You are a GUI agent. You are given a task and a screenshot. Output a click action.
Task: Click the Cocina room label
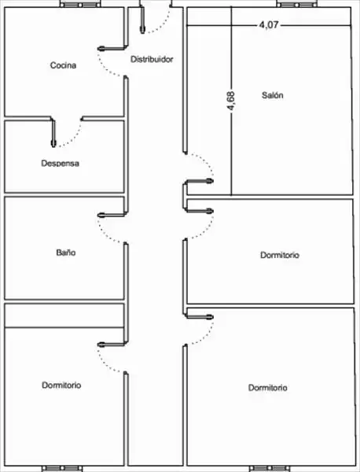coord(63,65)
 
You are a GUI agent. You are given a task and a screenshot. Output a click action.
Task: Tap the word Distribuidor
coord(152,59)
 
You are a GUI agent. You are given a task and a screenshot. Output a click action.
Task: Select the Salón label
coord(273,95)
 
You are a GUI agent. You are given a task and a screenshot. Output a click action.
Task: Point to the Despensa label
coord(61,164)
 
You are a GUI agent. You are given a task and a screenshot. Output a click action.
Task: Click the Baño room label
coord(66,253)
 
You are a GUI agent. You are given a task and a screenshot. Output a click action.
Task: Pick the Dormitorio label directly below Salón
coord(280,255)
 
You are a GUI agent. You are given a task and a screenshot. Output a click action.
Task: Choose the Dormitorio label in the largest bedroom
coord(268,388)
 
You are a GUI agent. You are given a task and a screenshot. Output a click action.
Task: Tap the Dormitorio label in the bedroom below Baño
coord(61,385)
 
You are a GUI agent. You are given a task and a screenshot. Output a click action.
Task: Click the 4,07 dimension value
coord(269,25)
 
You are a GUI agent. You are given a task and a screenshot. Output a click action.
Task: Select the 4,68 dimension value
coord(231,101)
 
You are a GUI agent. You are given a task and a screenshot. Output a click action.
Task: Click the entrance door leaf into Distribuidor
coord(142,19)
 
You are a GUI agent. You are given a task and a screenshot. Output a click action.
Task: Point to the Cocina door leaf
coord(112,48)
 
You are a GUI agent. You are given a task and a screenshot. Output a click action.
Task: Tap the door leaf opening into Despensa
coord(53,132)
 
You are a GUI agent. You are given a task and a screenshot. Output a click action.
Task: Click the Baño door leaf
coord(112,215)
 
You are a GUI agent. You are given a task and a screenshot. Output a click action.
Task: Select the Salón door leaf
coord(199,181)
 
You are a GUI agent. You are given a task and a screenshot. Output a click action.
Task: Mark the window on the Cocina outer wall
coord(80,5)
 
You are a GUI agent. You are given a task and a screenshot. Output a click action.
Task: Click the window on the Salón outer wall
coord(297,5)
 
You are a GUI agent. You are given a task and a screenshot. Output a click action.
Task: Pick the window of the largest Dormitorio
coord(270,468)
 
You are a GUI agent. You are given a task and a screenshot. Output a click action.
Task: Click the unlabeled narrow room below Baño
coord(64,315)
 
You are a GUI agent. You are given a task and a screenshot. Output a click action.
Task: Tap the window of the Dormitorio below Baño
coord(61,468)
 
